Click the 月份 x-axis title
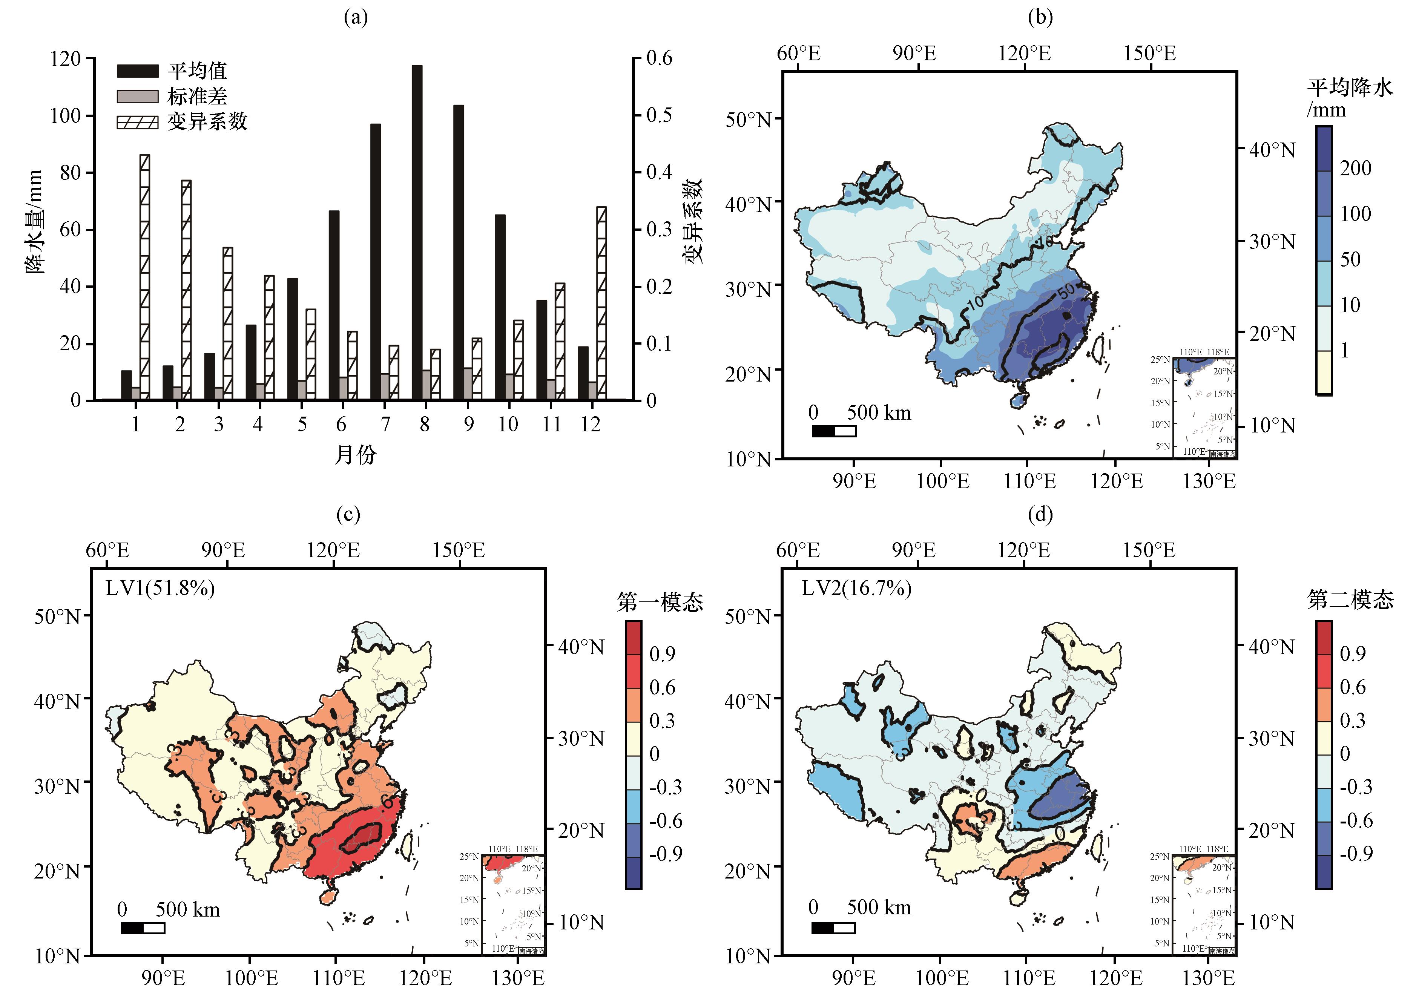click(355, 455)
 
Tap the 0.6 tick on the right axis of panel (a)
click(659, 58)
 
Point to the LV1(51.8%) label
click(160, 589)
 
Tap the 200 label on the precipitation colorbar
click(1355, 168)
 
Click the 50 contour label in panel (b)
click(1066, 290)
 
